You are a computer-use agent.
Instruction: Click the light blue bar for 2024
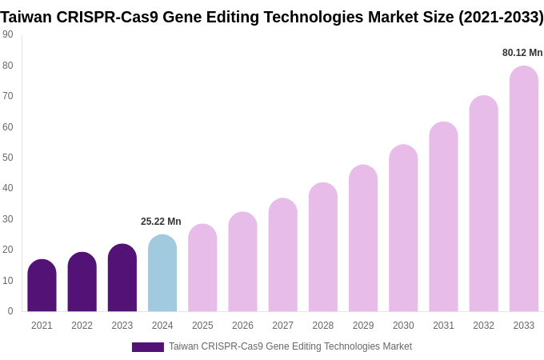[162, 274]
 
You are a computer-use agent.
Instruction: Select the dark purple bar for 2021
[42, 286]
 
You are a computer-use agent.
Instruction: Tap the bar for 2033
[524, 189]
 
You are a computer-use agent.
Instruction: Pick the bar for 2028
[323, 247]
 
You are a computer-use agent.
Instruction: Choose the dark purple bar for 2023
[122, 278]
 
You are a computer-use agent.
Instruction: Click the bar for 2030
[403, 228]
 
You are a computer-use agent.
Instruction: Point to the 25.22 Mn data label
[161, 222]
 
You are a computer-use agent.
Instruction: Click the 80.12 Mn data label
[522, 53]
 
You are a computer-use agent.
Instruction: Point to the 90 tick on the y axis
[8, 34]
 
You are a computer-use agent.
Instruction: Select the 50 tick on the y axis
[8, 158]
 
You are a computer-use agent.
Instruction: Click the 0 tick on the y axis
[10, 311]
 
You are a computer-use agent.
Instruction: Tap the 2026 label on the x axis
[242, 326]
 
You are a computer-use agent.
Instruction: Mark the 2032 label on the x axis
[483, 326]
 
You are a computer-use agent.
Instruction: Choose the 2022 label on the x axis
[82, 326]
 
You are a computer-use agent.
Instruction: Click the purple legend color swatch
[148, 347]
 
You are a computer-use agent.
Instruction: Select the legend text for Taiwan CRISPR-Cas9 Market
[290, 346]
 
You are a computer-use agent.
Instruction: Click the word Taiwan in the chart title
[26, 17]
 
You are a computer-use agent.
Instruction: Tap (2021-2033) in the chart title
[501, 17]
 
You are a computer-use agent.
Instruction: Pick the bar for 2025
[202, 268]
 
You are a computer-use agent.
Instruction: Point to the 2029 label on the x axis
[363, 326]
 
